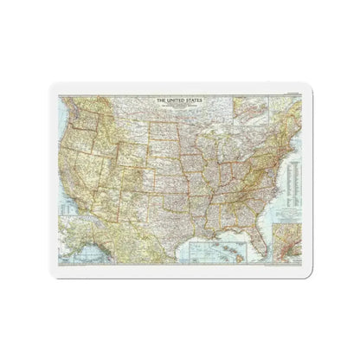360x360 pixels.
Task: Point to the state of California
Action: click(67, 164)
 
